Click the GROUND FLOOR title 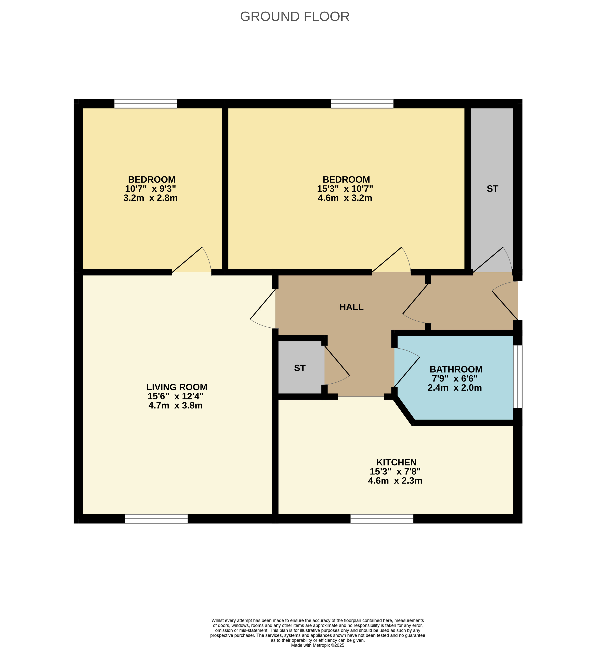tap(295, 16)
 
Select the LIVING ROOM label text tap(177, 387)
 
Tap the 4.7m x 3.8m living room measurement tap(175, 405)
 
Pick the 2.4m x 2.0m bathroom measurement tap(455, 388)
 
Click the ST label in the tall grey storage tap(492, 189)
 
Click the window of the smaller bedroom tap(146, 104)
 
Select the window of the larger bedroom tap(362, 104)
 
